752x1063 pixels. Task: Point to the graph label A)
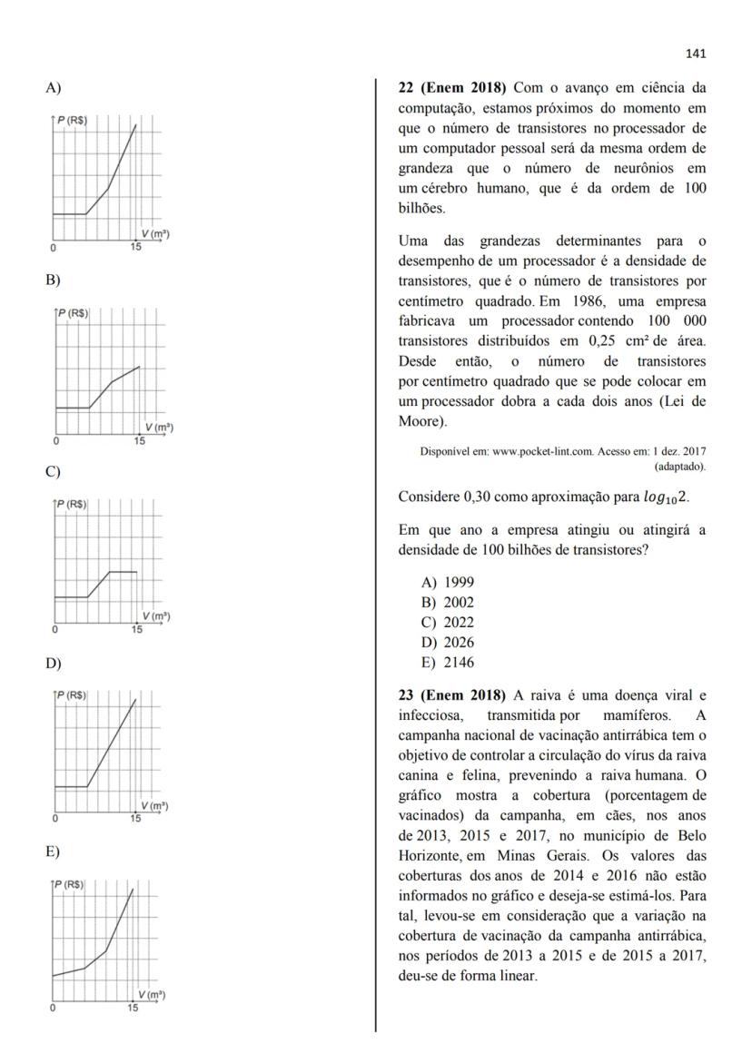[54, 88]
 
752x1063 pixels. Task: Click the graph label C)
[54, 472]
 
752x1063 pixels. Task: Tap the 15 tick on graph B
[139, 441]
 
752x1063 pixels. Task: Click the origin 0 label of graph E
[53, 1009]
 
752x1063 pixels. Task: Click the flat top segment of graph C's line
[123, 572]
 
